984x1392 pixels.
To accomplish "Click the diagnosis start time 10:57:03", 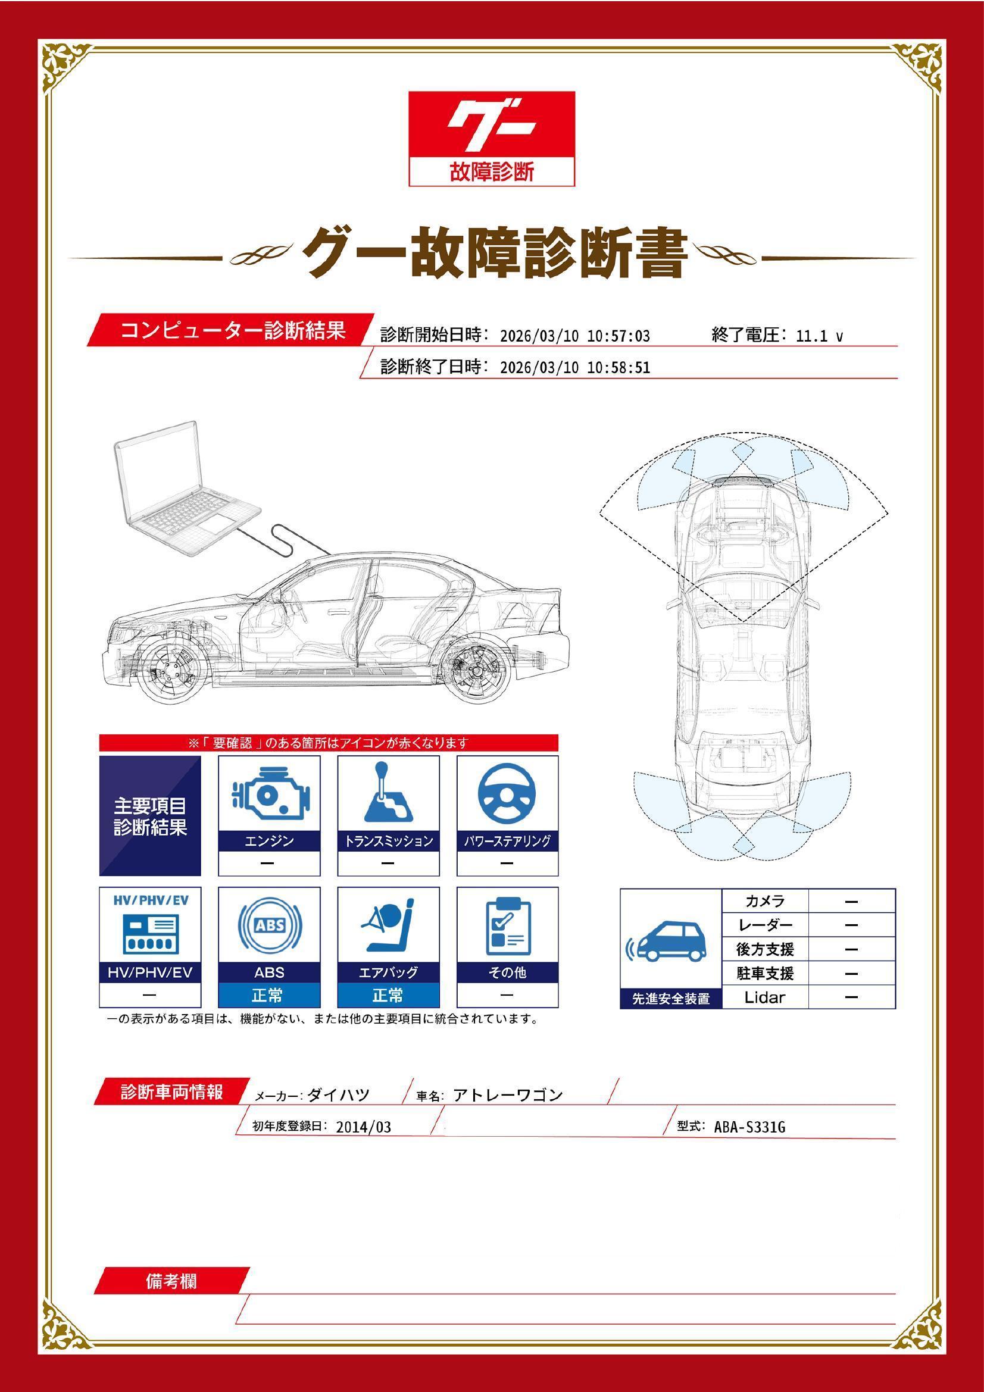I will [618, 336].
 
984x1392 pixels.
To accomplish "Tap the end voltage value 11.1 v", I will [819, 336].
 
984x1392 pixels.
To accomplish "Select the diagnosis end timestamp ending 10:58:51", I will [575, 367].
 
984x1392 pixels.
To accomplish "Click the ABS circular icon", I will [269, 925].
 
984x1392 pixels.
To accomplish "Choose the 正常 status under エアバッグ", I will [388, 995].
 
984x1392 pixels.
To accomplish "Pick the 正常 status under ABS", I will [269, 995].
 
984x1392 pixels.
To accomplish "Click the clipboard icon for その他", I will [507, 925].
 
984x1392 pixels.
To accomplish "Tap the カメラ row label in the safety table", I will [764, 901].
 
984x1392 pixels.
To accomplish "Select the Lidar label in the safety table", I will [764, 997].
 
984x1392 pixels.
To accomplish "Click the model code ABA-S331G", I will [749, 1127].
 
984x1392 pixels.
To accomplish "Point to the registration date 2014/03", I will [363, 1127].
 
